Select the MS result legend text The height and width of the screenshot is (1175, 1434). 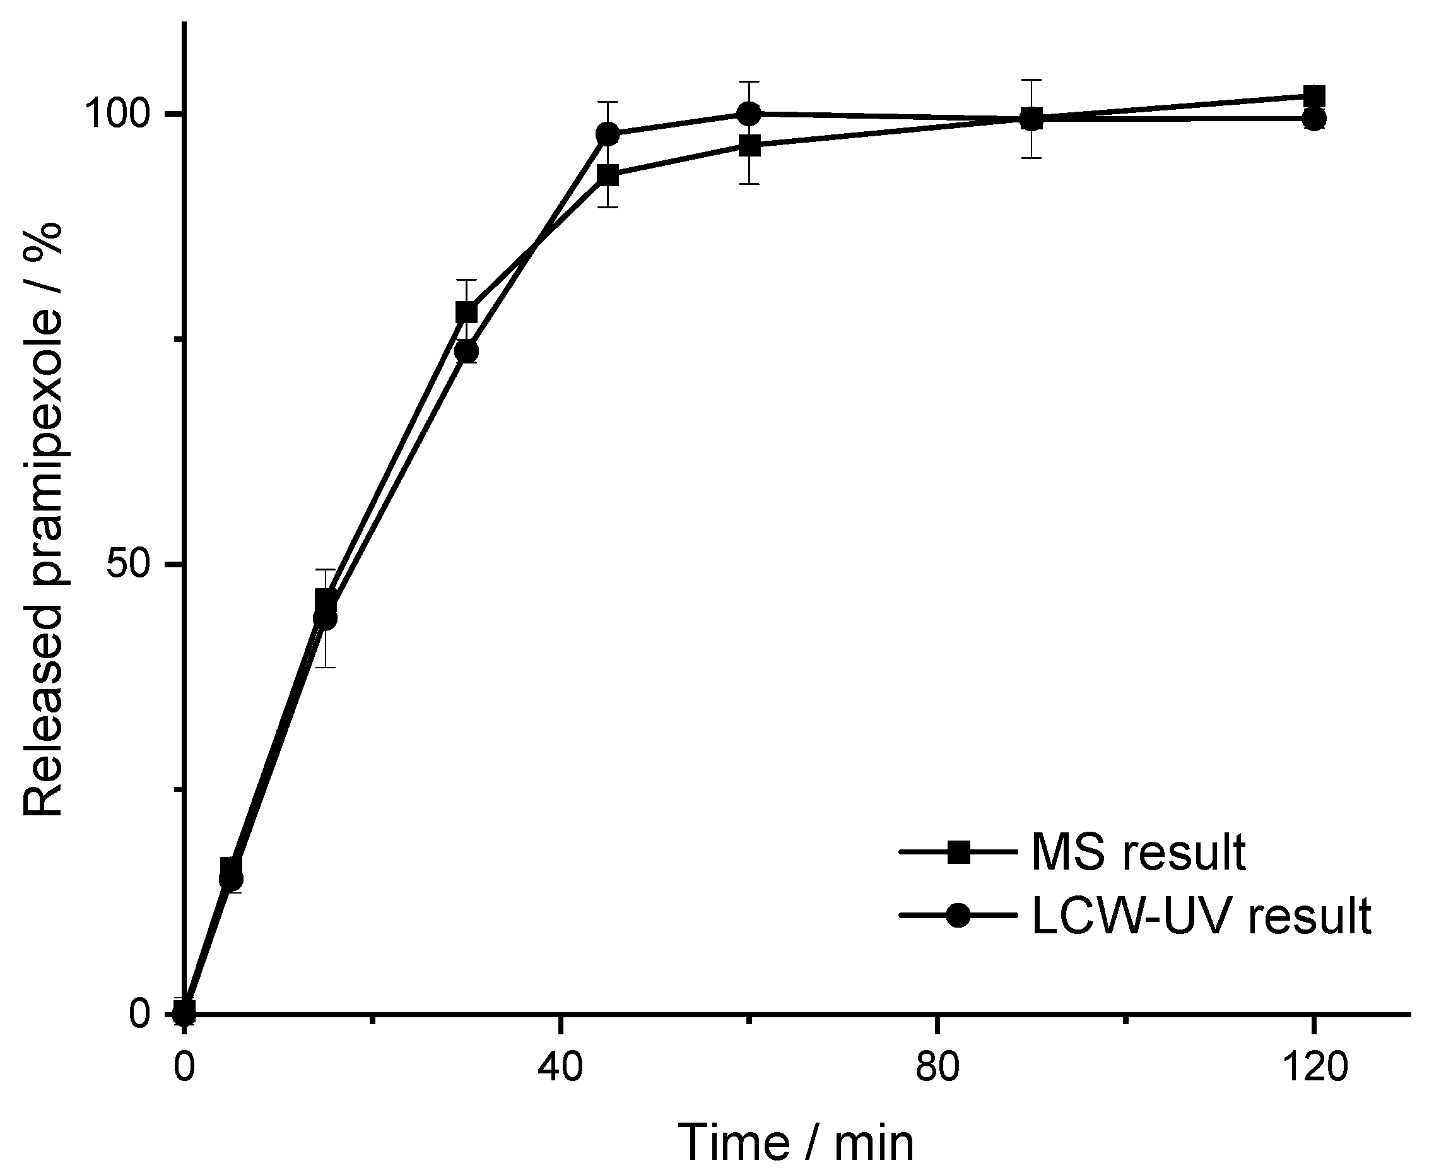1138,853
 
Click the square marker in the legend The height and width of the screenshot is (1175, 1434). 958,853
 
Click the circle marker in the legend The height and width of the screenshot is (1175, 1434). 958,916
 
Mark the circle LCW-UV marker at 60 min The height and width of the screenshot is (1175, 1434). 748,114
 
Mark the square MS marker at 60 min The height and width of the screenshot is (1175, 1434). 749,146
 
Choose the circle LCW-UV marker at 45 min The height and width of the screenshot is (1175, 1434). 608,134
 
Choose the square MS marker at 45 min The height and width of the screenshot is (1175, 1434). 608,175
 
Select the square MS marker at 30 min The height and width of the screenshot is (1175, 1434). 466,313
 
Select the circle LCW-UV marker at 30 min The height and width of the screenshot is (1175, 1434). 467,351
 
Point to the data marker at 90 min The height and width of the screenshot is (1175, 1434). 1031,119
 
